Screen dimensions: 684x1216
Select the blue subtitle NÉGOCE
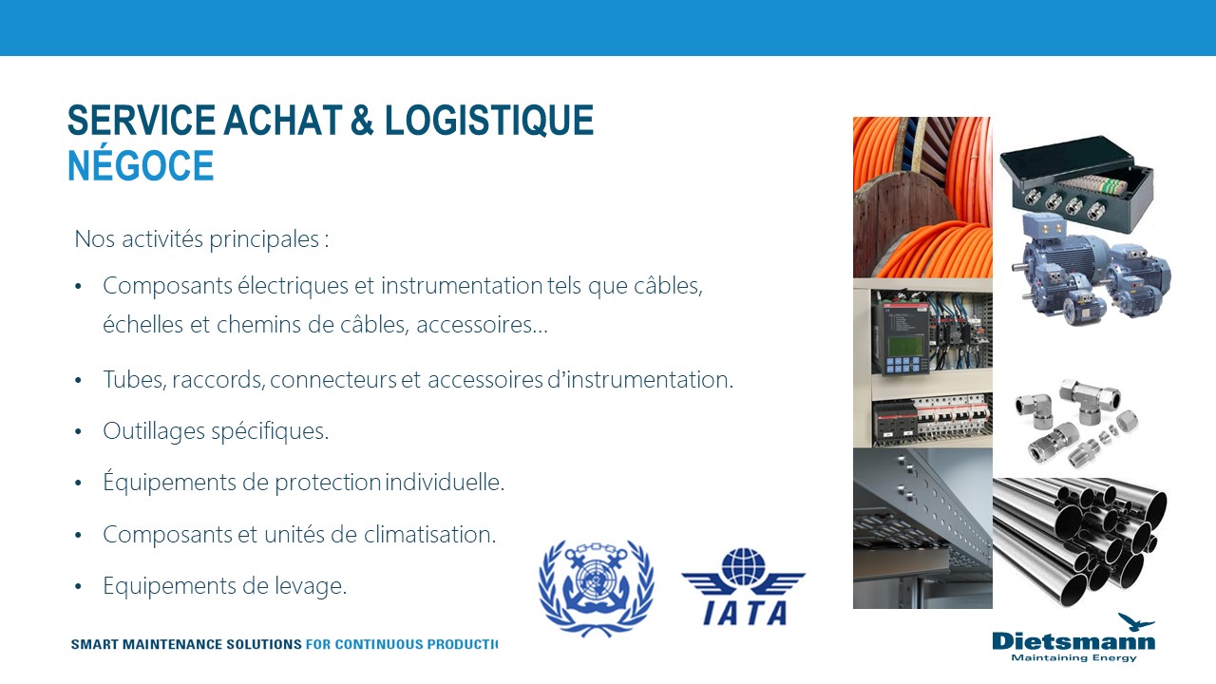[x=141, y=166]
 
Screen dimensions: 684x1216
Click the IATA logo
[x=743, y=587]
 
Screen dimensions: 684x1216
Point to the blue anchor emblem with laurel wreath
[x=596, y=587]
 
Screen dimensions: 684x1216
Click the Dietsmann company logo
[x=1073, y=638]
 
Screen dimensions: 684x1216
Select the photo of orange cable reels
[x=921, y=197]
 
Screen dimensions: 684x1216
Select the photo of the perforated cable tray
[x=921, y=528]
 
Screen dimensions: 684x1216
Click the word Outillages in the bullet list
[x=145, y=431]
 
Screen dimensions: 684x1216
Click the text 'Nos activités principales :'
[x=201, y=238]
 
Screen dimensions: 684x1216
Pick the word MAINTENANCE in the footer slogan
[x=189, y=644]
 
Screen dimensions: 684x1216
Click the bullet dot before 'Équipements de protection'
[x=79, y=484]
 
